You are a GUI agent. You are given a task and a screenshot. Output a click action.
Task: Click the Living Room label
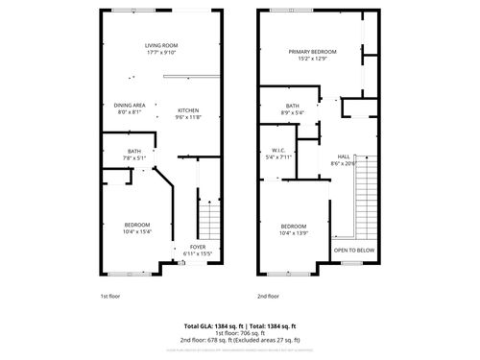[160, 45]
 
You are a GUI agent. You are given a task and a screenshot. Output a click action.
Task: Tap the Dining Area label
[130, 105]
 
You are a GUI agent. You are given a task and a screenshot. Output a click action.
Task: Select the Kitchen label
[188, 110]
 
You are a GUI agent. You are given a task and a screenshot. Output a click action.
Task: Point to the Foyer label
[198, 247]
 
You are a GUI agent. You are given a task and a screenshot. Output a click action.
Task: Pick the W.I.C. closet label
[278, 150]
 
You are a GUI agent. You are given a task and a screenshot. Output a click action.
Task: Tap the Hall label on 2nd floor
[343, 156]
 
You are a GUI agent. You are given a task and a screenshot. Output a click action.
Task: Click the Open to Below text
[354, 249]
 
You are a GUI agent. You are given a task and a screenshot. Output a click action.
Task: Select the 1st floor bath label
[134, 151]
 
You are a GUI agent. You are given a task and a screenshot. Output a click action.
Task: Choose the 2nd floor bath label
[293, 106]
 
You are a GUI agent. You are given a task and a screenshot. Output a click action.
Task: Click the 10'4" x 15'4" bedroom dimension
[138, 231]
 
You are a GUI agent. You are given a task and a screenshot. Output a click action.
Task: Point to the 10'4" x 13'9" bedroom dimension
[293, 231]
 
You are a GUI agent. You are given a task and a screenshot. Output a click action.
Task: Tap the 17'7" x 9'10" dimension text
[160, 53]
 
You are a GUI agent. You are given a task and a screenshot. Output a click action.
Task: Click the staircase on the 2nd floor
[366, 197]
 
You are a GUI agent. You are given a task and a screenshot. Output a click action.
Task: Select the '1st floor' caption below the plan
[110, 297]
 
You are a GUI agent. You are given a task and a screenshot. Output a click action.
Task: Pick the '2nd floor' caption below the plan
[268, 297]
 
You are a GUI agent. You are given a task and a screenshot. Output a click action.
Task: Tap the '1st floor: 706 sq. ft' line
[239, 333]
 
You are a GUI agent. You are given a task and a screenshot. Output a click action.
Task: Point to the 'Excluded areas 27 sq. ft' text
[273, 340]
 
